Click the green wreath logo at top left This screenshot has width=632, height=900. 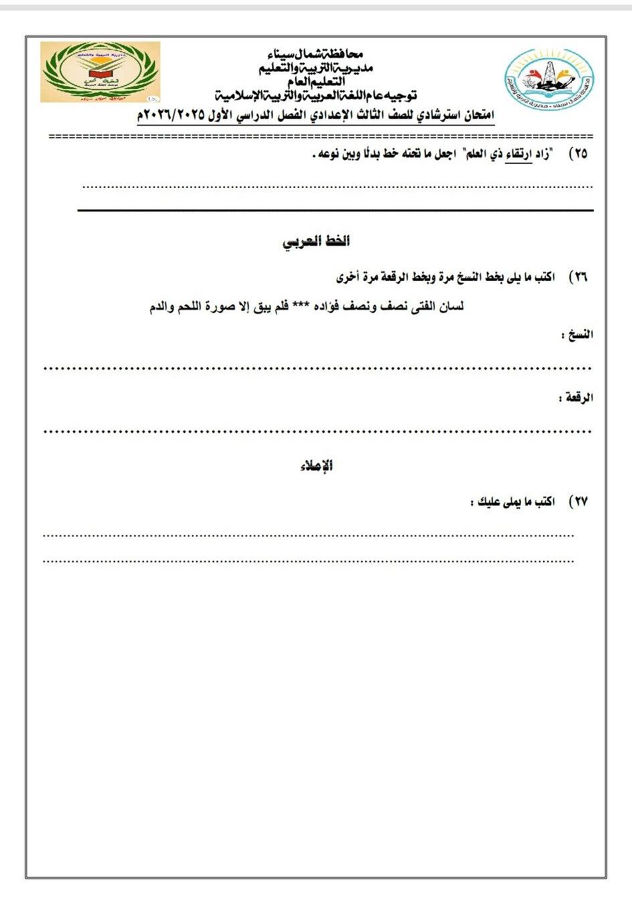(x=100, y=72)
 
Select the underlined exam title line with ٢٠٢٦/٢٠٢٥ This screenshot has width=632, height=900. (x=316, y=116)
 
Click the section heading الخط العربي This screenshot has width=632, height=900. (x=316, y=241)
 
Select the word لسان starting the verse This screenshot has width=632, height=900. (x=449, y=307)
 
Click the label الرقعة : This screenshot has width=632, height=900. (x=576, y=398)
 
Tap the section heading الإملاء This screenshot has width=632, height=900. (x=316, y=466)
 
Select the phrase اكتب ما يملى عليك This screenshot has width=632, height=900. (x=513, y=501)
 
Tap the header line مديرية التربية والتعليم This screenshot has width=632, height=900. (x=316, y=67)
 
